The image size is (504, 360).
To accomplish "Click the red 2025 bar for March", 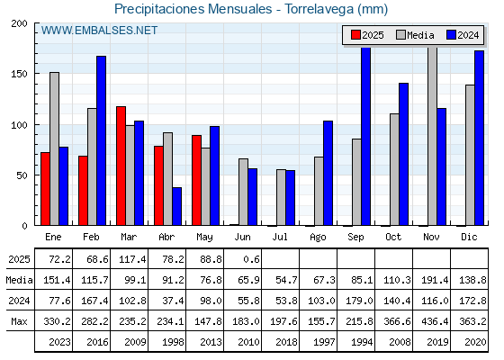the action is (x=121, y=166).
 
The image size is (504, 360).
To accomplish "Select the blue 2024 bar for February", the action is (x=101, y=140).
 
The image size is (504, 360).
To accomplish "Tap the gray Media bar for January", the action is (x=54, y=148).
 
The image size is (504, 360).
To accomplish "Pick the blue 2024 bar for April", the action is (x=176, y=206).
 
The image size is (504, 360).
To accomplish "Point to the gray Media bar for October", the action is (x=394, y=169).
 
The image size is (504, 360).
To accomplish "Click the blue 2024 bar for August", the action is (x=328, y=173).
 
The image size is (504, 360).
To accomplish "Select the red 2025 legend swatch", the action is (x=355, y=35).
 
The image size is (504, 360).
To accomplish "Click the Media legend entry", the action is (x=415, y=35).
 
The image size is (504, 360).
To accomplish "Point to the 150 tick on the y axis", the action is (x=36, y=74).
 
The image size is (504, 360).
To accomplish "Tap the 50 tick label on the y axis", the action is (x=22, y=175).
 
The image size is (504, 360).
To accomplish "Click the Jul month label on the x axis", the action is (x=280, y=237).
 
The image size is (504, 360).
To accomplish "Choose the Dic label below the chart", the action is (x=469, y=237).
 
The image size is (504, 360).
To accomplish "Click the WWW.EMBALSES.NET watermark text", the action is (x=99, y=31).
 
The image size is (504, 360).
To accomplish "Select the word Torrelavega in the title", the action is (x=319, y=9).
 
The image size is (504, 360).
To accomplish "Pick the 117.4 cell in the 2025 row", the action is (x=132, y=259).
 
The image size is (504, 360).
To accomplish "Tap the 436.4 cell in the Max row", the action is (x=435, y=321).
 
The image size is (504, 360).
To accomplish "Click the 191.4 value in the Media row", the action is (x=435, y=280).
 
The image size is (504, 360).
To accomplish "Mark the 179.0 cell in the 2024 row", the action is (x=359, y=301).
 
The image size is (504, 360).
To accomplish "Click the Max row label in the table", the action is (x=19, y=321).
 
